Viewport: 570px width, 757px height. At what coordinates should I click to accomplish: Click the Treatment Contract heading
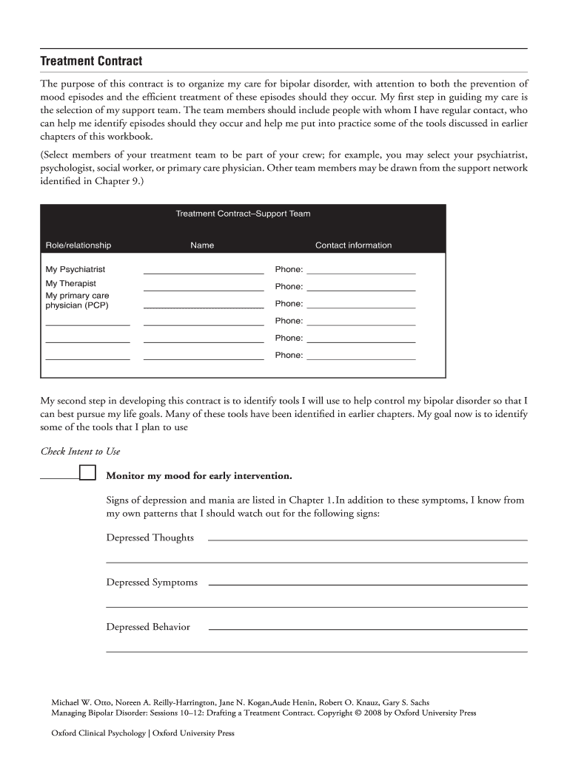(x=91, y=61)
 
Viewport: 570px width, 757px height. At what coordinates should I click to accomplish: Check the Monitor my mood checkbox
(x=87, y=473)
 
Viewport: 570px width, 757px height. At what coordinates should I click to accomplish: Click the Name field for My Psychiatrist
(x=203, y=269)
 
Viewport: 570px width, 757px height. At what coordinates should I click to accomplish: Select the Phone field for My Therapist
(x=361, y=287)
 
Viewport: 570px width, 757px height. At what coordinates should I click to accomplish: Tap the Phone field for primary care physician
(x=361, y=304)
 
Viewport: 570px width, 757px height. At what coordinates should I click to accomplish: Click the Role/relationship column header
(x=78, y=245)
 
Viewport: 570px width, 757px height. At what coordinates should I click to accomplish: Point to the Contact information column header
(x=353, y=245)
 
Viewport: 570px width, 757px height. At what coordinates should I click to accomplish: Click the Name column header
(x=202, y=245)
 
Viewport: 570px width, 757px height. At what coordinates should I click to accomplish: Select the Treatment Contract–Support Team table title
(x=243, y=214)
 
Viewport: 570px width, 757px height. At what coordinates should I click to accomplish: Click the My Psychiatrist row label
(x=76, y=270)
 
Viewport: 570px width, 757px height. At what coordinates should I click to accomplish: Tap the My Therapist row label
(x=71, y=284)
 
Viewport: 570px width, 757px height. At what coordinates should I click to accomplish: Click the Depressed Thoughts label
(x=150, y=538)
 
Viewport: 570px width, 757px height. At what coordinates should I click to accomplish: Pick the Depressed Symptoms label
(x=152, y=583)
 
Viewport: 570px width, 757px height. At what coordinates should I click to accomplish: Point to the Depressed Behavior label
(x=148, y=628)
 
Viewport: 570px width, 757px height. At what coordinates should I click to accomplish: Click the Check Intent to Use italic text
(x=80, y=452)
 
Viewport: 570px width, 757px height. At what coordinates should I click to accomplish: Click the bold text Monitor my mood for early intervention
(x=199, y=475)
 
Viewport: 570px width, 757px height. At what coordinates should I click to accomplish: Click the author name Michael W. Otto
(x=80, y=702)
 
